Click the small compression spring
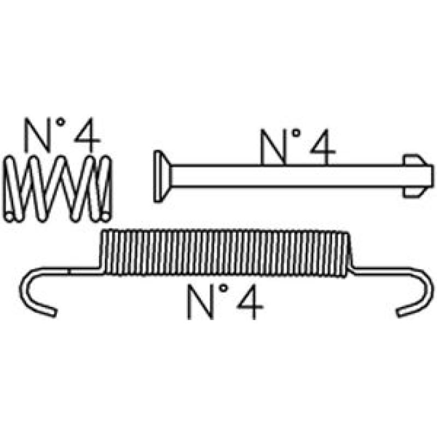pos(58,188)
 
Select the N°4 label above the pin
pos(296,146)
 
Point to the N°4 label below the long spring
pos(225,302)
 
